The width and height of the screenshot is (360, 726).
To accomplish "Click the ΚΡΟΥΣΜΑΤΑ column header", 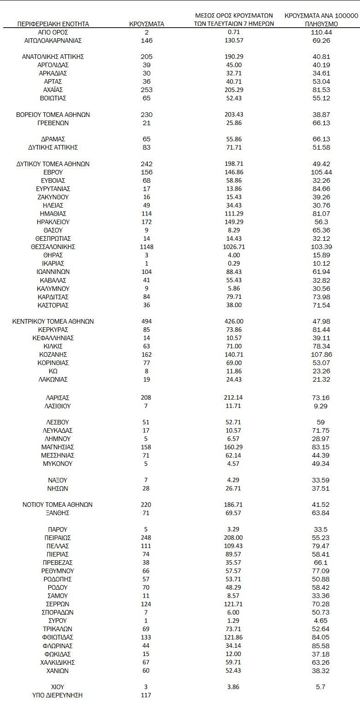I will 146,24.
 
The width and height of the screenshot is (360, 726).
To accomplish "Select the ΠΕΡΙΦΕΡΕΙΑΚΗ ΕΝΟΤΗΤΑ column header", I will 53,24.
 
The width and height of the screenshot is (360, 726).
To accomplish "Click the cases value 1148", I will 146,247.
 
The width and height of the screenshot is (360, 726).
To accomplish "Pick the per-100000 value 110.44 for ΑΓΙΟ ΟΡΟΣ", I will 321,32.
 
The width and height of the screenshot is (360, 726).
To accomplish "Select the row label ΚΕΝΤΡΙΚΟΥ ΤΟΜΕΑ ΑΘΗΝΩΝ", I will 53,321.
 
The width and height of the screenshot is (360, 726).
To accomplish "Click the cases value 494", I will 146,321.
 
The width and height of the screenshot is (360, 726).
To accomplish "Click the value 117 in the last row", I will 146,695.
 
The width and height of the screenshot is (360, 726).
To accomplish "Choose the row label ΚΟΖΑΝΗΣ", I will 53,354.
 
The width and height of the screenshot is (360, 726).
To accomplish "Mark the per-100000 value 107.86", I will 321,354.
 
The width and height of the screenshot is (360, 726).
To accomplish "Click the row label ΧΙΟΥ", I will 53,687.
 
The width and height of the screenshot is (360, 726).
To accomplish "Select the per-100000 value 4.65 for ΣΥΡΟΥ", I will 321,621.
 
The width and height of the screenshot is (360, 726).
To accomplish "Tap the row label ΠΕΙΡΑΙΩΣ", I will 53,538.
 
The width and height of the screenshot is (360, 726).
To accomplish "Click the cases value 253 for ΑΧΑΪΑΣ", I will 146,90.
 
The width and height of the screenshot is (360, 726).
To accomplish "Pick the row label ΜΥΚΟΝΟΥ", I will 53,464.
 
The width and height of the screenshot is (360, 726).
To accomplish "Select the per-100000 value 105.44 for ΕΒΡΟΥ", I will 321,172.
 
